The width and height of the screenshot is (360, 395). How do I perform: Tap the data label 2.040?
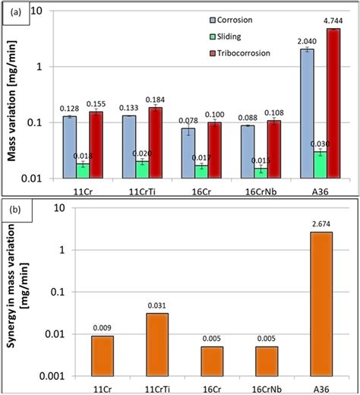click(307, 42)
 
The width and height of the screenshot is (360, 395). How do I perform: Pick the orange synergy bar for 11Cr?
click(102, 355)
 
